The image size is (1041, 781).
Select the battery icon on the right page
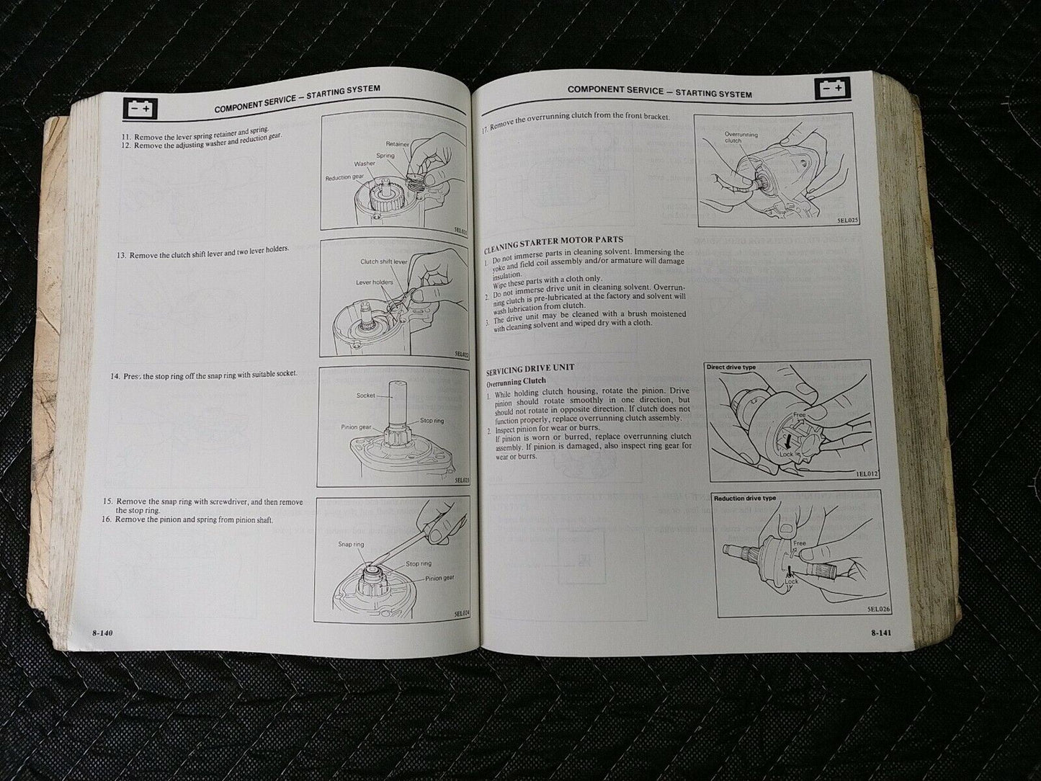(x=834, y=89)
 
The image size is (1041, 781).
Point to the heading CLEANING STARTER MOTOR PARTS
(x=553, y=240)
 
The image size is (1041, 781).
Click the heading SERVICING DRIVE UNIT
(x=530, y=368)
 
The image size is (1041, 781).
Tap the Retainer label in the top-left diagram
(x=397, y=144)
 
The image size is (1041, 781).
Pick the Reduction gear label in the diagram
(x=349, y=177)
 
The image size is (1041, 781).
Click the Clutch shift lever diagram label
(x=383, y=262)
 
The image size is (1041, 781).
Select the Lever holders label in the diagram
(x=375, y=282)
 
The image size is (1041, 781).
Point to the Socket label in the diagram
(x=365, y=396)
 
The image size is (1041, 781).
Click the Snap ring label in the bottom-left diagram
(x=350, y=544)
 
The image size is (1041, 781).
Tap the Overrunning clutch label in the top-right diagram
(x=741, y=138)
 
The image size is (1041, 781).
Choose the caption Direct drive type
(x=731, y=367)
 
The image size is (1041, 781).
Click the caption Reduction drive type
(x=744, y=499)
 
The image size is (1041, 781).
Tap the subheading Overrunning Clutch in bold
(x=515, y=380)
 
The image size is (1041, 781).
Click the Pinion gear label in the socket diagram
(x=356, y=427)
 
